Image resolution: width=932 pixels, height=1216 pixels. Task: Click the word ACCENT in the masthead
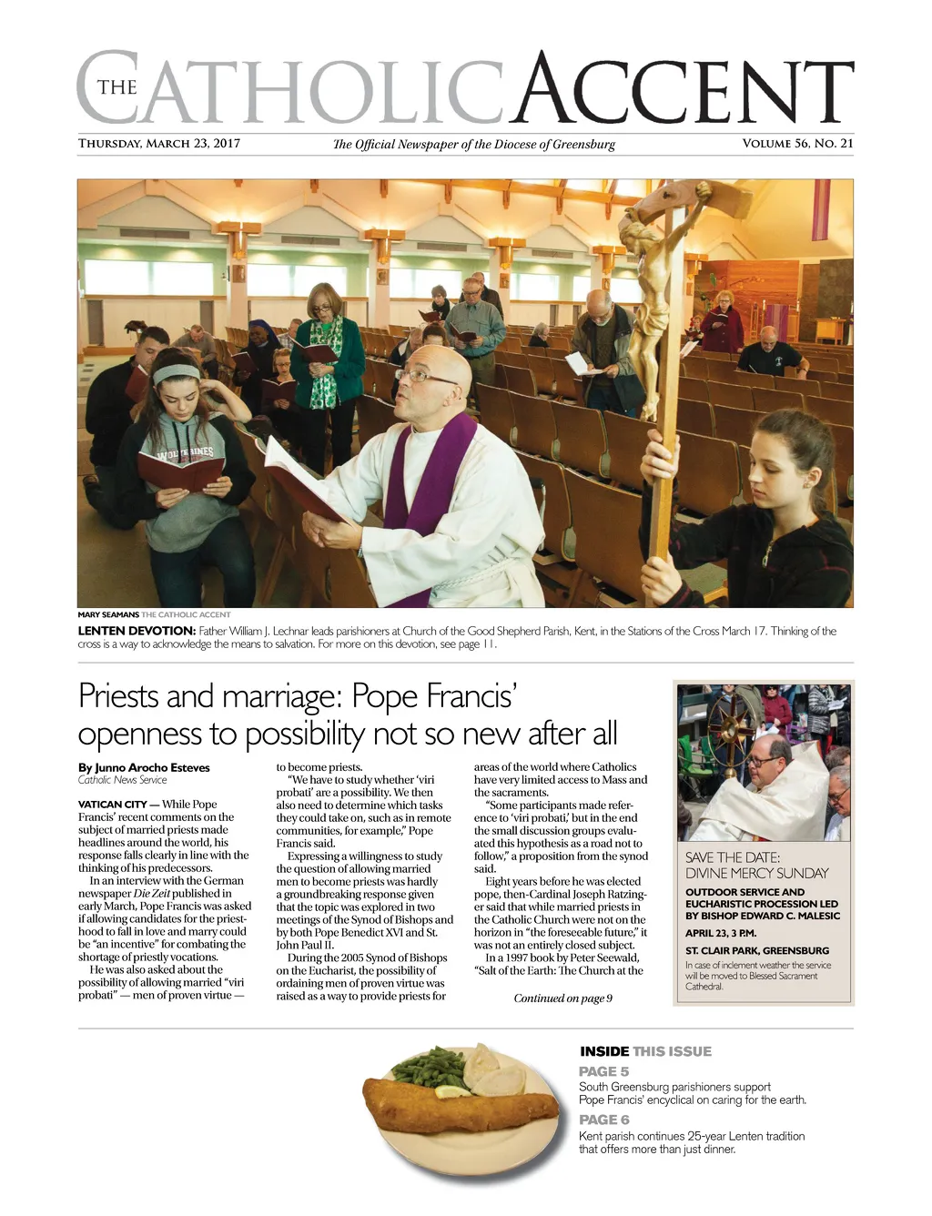683,91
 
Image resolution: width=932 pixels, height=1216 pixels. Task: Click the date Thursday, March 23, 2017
158,143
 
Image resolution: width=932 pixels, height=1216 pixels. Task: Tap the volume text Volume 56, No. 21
797,143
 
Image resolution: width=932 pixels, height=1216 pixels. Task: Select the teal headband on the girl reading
176,372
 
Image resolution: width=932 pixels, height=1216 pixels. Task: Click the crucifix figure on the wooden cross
648,291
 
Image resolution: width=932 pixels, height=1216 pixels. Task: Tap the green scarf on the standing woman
325,364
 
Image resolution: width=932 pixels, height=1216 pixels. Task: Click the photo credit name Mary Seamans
108,614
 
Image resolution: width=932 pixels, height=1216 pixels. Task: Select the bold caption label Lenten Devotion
137,631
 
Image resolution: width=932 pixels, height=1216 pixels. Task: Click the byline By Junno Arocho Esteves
144,767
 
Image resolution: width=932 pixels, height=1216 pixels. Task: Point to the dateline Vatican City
112,805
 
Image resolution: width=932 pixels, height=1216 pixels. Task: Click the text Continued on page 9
562,998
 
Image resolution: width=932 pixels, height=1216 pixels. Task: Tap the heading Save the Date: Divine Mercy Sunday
756,865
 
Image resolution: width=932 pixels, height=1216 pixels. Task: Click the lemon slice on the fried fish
452,1091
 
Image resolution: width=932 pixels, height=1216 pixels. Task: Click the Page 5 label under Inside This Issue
603,1071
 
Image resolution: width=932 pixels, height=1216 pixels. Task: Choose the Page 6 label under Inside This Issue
603,1120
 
